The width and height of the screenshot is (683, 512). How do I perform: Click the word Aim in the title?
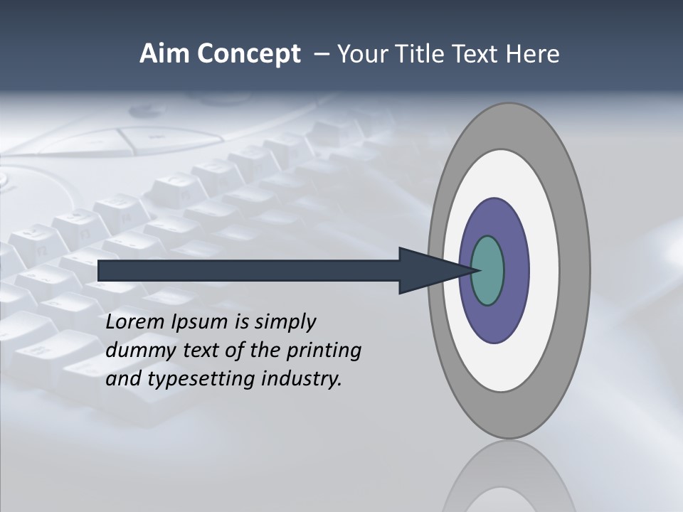tap(161, 54)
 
